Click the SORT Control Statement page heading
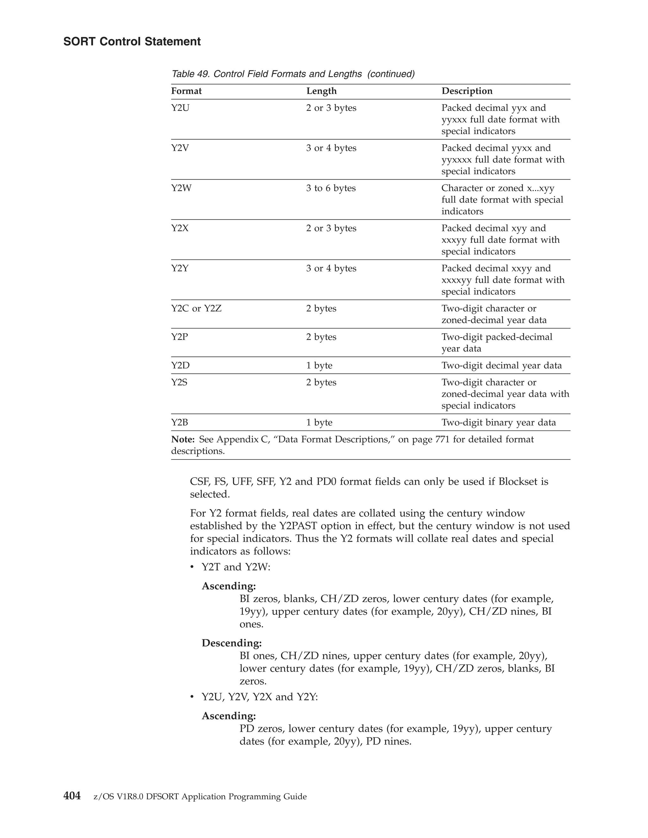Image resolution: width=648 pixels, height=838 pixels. pyautogui.click(x=132, y=41)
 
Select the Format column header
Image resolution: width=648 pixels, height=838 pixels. pyautogui.click(x=186, y=91)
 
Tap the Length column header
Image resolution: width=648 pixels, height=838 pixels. pyautogui.click(x=321, y=91)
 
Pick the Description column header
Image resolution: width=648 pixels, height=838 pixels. pyautogui.click(x=467, y=91)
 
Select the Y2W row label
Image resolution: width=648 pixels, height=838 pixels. pyautogui.click(x=181, y=188)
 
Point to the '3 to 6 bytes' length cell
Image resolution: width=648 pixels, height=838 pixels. pyautogui.click(x=331, y=188)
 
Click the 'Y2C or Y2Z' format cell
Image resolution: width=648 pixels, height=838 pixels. pyautogui.click(x=196, y=309)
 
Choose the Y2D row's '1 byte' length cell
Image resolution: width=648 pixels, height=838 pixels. pyautogui.click(x=319, y=365)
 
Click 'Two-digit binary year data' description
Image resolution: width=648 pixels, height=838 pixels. pyautogui.click(x=498, y=422)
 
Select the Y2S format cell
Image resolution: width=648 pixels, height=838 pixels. pyautogui.click(x=179, y=382)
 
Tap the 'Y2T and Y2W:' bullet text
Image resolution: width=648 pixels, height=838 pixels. pyautogui.click(x=236, y=567)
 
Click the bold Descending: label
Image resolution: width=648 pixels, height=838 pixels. pyautogui.click(x=232, y=643)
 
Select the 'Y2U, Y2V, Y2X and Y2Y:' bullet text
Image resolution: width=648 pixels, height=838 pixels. pyautogui.click(x=260, y=696)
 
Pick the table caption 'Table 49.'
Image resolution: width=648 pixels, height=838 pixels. pyautogui.click(x=191, y=74)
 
